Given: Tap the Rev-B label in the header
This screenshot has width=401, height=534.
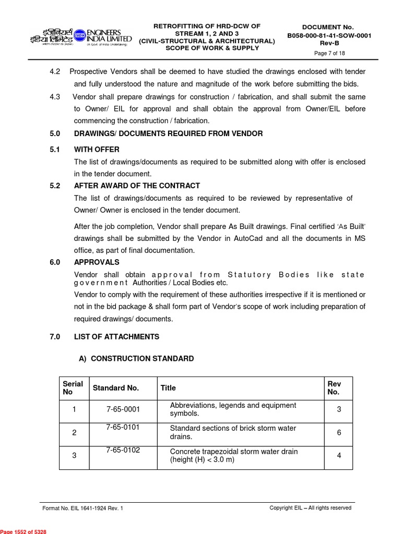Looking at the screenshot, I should pos(329,43).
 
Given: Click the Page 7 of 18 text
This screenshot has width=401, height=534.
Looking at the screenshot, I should pos(329,53).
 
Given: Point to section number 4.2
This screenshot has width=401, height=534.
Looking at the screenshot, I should pos(55,71).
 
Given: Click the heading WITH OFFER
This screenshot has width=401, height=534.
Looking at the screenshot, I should pos(97,150).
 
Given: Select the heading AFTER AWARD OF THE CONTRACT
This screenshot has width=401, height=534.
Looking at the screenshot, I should pos(137,186).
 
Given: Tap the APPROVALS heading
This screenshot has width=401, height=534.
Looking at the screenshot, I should pos(97,262).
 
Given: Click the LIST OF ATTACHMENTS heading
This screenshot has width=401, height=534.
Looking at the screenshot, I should pos(116,337).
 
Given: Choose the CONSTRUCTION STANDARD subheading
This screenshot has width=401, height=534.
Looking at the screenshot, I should pos(136,359).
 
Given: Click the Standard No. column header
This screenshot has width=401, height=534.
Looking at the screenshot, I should pos(116,388).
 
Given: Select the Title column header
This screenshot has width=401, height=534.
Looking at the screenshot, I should pos(168,388).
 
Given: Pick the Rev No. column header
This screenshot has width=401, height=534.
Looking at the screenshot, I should pos(334,388).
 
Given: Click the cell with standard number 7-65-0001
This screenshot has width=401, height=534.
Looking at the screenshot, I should pos(123,409).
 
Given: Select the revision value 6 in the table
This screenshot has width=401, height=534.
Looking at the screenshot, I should pos(339,432).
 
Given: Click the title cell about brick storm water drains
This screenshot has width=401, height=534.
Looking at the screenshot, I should pos(233,432).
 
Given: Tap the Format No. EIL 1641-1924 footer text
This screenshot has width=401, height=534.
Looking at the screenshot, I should pos(82,508).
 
